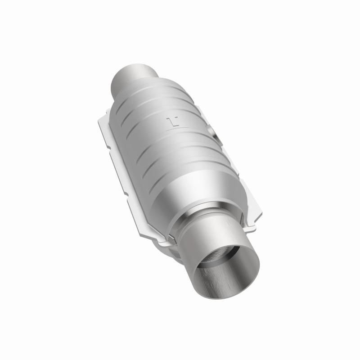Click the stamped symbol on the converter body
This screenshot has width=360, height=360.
172,121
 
